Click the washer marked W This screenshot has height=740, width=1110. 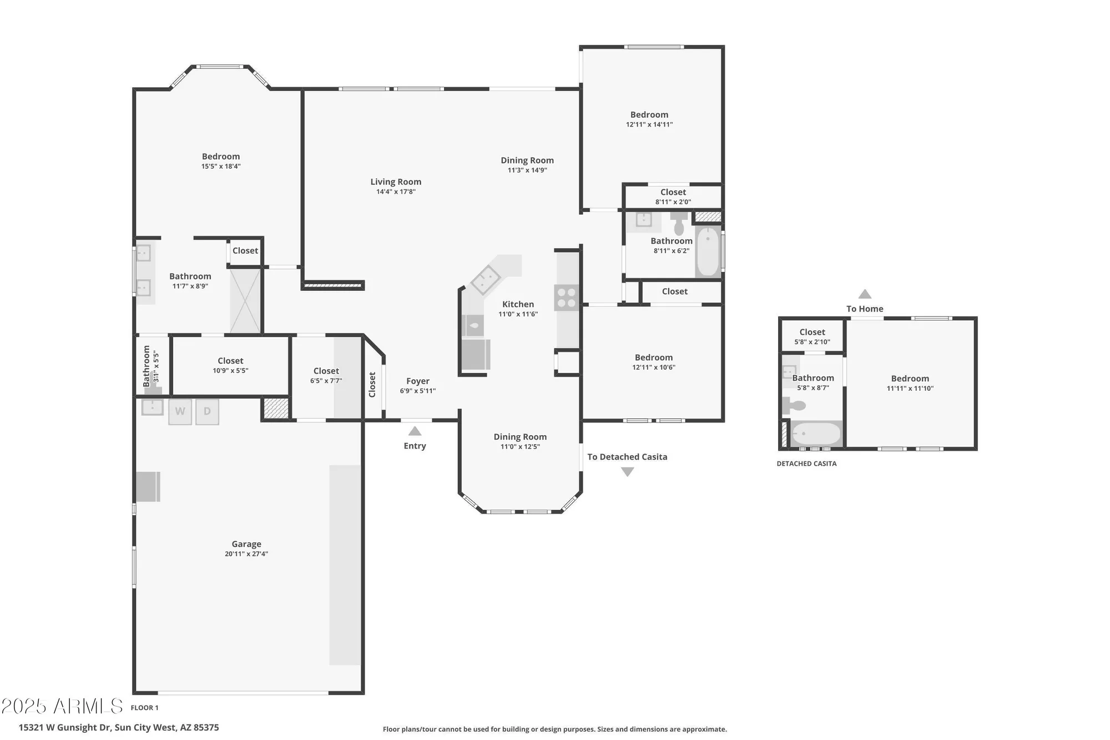(x=180, y=412)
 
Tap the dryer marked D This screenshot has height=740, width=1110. (x=207, y=412)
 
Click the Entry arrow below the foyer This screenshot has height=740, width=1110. (x=415, y=431)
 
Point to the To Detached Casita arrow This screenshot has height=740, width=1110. (x=627, y=472)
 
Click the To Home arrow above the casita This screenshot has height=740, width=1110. (x=865, y=294)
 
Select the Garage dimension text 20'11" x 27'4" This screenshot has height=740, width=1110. (x=246, y=554)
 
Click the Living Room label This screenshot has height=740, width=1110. (x=396, y=182)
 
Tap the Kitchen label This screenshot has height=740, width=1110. (x=518, y=304)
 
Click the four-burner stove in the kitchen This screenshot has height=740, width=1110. (x=567, y=298)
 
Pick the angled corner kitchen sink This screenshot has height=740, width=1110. (x=485, y=279)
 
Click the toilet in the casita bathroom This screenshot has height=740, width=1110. (x=795, y=405)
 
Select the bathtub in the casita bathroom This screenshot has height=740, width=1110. (x=816, y=434)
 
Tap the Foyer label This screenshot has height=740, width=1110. (x=417, y=381)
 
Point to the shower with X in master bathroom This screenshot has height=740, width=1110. (x=245, y=300)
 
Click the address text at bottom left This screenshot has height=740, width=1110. (x=119, y=727)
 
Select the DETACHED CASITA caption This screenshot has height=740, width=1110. (x=806, y=464)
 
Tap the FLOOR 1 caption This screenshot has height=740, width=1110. (x=144, y=708)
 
